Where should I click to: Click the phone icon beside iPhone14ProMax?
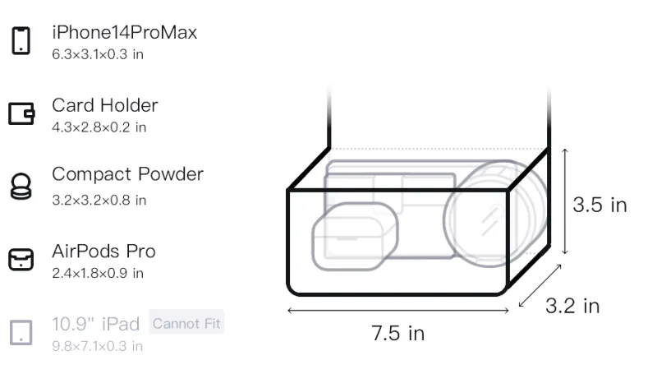pyautogui.click(x=21, y=40)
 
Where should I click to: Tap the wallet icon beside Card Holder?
pyautogui.click(x=21, y=113)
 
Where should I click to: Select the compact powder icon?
pyautogui.click(x=21, y=186)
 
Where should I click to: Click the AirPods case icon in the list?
pyautogui.click(x=21, y=260)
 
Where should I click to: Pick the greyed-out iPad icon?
pyautogui.click(x=21, y=333)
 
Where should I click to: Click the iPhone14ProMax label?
pyautogui.click(x=125, y=32)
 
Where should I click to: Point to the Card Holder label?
pyautogui.click(x=105, y=105)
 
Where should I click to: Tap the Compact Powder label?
pyautogui.click(x=127, y=174)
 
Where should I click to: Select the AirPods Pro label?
pyautogui.click(x=103, y=252)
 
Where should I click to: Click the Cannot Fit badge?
pyautogui.click(x=186, y=324)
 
